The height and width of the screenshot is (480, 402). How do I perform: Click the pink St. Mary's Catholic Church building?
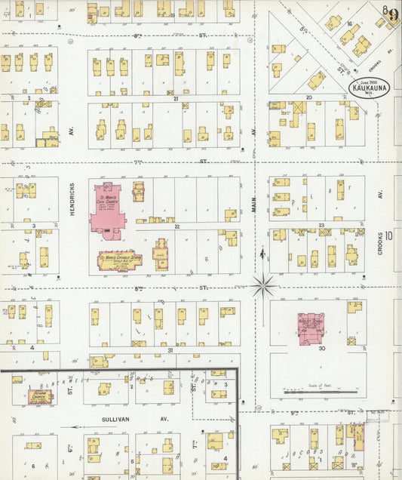point(109,211)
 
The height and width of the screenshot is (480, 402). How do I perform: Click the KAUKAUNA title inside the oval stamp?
point(368,88)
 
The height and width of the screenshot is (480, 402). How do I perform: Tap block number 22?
point(176,225)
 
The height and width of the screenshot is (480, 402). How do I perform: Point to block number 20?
point(308,97)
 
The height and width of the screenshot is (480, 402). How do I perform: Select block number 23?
point(321,225)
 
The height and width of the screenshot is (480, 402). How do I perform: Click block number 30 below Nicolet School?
point(321,349)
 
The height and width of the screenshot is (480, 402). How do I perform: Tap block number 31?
point(170,350)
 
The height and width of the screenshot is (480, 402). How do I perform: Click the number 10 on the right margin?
point(388,235)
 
